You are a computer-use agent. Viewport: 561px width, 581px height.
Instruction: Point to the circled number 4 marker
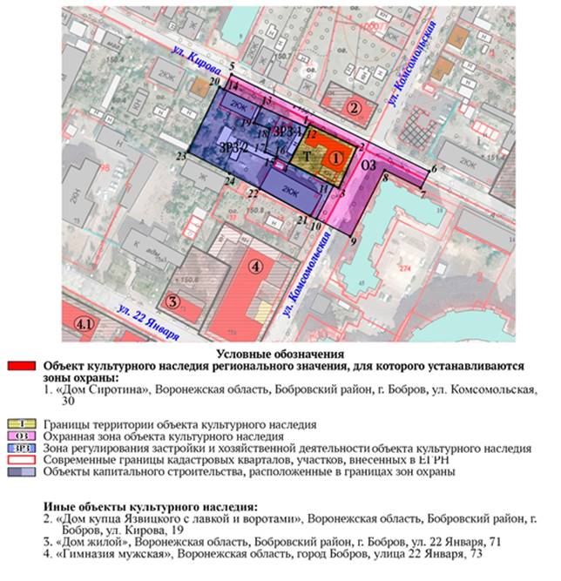pyautogui.click(x=255, y=267)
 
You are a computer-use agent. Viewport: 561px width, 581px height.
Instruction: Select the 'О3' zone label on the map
pyautogui.click(x=368, y=166)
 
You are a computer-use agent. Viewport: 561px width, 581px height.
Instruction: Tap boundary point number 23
pyautogui.click(x=180, y=157)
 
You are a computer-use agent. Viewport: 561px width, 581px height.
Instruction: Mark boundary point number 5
pyautogui.click(x=232, y=67)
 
